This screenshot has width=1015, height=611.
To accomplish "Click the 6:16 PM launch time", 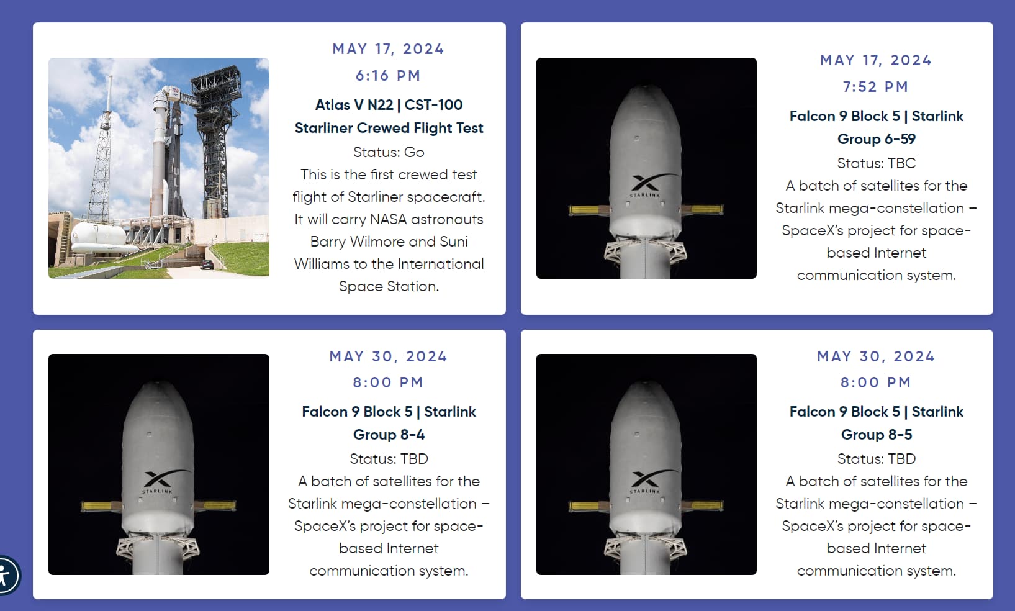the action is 389,76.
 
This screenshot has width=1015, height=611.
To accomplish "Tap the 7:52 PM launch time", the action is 876,86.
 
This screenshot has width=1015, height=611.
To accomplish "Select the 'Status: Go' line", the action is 389,152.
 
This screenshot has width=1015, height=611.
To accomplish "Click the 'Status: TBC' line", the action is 877,163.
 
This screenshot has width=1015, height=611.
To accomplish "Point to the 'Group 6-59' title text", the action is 877,138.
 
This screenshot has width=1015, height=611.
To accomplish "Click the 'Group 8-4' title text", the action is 389,434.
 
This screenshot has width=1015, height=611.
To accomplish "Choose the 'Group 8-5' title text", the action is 877,434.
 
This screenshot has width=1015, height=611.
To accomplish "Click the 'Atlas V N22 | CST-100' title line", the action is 389,105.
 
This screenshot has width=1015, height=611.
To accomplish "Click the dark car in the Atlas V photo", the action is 207,265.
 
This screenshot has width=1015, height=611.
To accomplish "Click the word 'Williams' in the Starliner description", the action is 322,264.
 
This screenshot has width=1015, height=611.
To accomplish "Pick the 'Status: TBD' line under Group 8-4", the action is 389,459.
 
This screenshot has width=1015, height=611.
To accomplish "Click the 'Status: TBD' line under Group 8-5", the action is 877,459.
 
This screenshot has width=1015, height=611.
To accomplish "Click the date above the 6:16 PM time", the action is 389,49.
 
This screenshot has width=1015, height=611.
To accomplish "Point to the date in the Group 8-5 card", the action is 876,356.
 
